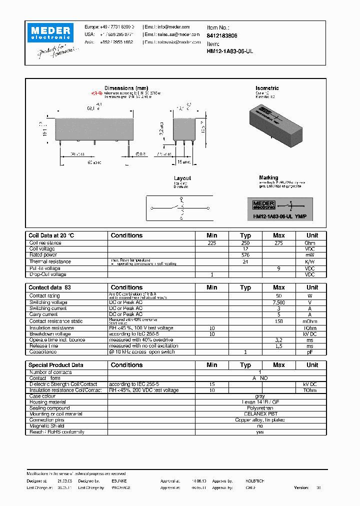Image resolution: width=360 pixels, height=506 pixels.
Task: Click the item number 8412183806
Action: [x=222, y=36]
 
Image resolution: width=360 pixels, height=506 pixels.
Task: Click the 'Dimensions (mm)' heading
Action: [x=126, y=88]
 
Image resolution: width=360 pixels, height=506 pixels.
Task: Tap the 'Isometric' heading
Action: [x=267, y=88]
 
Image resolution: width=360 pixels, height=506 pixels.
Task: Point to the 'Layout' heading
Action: [x=182, y=178]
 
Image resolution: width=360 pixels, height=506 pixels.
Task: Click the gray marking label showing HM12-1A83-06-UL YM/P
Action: [x=280, y=208]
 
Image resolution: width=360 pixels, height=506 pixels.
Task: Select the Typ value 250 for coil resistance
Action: [x=245, y=242]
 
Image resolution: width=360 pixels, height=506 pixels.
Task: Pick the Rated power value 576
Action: [x=245, y=254]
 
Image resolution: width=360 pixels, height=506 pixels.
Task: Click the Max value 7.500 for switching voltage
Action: [x=278, y=302]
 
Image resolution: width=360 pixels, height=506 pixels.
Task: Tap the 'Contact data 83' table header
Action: [x=50, y=287]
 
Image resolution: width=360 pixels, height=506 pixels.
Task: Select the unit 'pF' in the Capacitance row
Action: [x=310, y=352]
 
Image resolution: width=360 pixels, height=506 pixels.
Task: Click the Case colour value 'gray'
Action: [x=259, y=396]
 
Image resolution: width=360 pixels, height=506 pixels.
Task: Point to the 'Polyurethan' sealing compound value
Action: [x=259, y=408]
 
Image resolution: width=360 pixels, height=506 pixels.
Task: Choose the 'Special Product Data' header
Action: [x=56, y=365]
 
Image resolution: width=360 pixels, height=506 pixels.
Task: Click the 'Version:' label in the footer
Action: [x=301, y=487]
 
